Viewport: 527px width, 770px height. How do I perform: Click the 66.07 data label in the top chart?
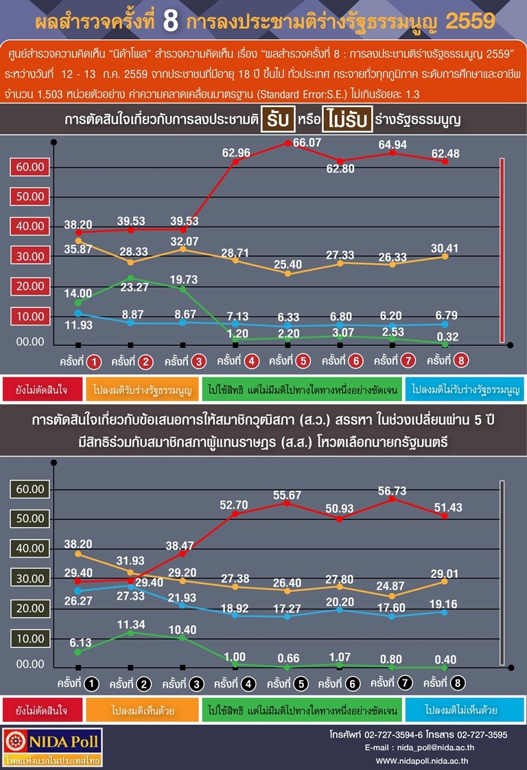307,143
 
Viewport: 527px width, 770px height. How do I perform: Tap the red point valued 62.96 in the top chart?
235,161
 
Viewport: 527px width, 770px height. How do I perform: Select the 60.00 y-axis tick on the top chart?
30,167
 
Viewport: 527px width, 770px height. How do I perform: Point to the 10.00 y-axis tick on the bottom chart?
30,638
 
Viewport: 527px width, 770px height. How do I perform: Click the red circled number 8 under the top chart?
460,360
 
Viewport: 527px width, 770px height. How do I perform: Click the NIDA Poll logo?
53,747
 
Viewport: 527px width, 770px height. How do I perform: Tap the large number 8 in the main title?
170,21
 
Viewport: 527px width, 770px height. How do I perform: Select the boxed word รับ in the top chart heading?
278,119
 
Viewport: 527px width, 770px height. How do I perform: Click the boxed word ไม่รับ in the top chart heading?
347,119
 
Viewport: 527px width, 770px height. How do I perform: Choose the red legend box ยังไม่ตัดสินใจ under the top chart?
43,390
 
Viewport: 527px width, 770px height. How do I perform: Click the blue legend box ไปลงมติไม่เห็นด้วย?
465,710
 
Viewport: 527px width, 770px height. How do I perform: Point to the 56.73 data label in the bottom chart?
392,491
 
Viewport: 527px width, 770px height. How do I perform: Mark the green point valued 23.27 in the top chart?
130,279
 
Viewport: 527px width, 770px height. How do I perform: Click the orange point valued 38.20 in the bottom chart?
78,554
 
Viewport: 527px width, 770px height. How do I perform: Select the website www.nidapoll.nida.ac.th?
422,760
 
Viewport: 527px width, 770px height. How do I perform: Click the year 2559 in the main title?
470,21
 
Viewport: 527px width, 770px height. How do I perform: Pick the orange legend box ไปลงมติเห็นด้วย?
143,710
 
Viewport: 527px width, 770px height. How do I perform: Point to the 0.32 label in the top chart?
447,337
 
